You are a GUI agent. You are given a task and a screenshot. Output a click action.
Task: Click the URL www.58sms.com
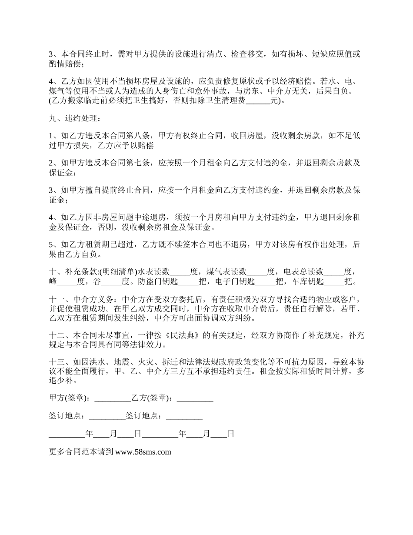pyautogui.click(x=143, y=451)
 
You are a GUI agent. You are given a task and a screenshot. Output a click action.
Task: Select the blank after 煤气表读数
pyautogui.click(x=257, y=272)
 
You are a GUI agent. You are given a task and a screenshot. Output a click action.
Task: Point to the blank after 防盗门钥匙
pyautogui.click(x=189, y=281)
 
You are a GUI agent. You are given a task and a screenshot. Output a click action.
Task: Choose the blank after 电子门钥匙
pyautogui.click(x=266, y=281)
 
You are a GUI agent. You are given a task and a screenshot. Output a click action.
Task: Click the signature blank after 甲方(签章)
pyautogui.click(x=113, y=398)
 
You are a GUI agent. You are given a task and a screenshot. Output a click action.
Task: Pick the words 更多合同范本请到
pyautogui.click(x=81, y=451)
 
